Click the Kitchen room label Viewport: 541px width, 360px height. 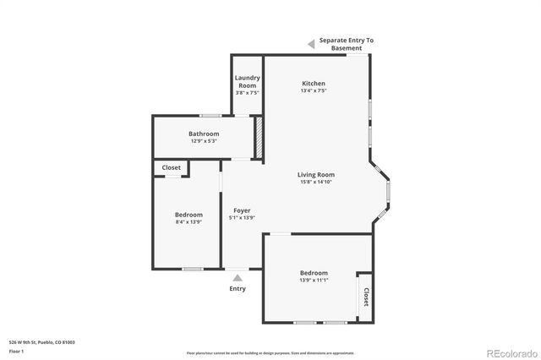click(x=314, y=84)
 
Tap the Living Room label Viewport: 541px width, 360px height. click(x=317, y=175)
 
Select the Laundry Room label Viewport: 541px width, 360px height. click(x=247, y=82)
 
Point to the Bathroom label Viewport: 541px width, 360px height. click(x=204, y=134)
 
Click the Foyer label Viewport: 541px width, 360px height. click(x=242, y=210)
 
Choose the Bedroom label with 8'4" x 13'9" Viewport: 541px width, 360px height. click(x=189, y=215)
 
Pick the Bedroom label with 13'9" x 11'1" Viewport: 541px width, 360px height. click(x=314, y=273)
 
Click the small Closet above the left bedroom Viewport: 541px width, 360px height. click(x=172, y=168)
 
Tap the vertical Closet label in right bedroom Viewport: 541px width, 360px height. click(x=366, y=297)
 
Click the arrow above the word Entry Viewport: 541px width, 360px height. click(x=238, y=277)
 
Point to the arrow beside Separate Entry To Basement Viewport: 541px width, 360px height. click(x=311, y=42)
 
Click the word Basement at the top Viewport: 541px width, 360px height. click(x=346, y=48)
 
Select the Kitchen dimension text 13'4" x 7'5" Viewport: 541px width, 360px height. click(x=314, y=91)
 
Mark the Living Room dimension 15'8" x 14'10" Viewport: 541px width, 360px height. click(x=317, y=183)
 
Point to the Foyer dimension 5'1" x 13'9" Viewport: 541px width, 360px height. click(x=242, y=218)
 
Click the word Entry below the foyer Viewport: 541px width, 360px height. click(x=238, y=289)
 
